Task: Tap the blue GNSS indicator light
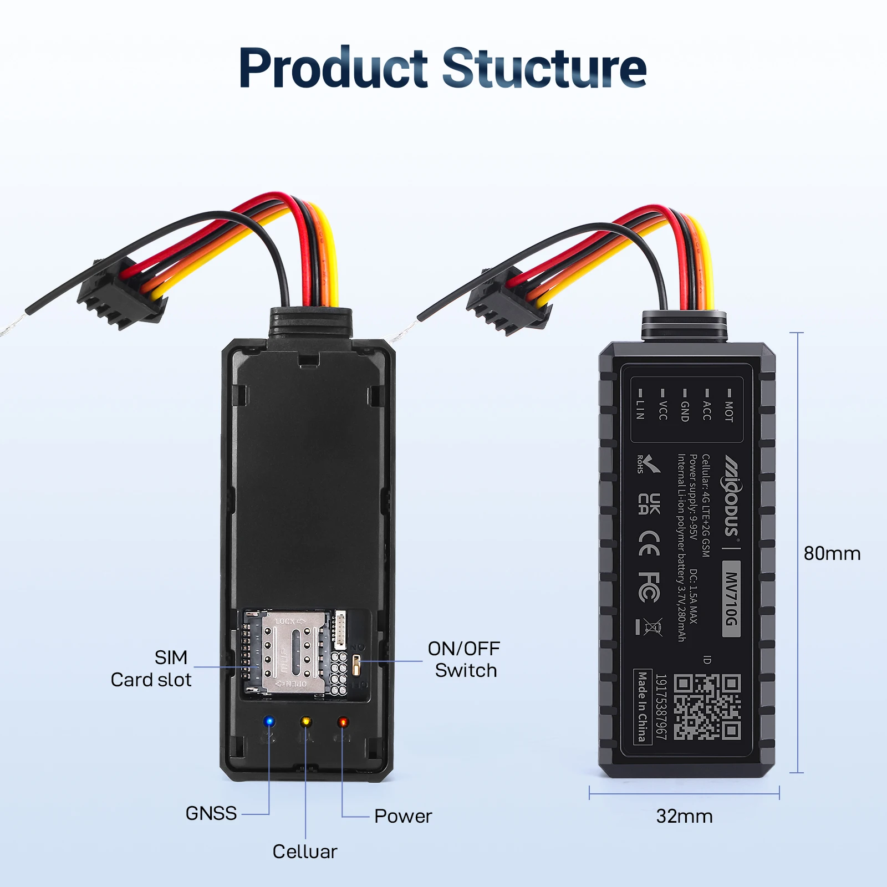coord(269,722)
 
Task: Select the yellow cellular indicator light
coord(305,722)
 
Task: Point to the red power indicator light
coord(343,722)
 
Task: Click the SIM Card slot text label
coord(151,669)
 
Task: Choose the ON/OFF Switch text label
coord(465,659)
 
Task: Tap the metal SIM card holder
coord(293,652)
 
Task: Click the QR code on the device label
coord(707,707)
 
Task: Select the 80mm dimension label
coord(832,553)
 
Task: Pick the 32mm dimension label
coord(684,816)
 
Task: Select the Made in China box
coord(642,706)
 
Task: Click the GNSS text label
coord(211,813)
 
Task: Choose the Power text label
coord(403,816)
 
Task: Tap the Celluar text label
coord(304,852)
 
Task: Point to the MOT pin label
coord(728,409)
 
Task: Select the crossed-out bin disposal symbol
coord(653,628)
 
